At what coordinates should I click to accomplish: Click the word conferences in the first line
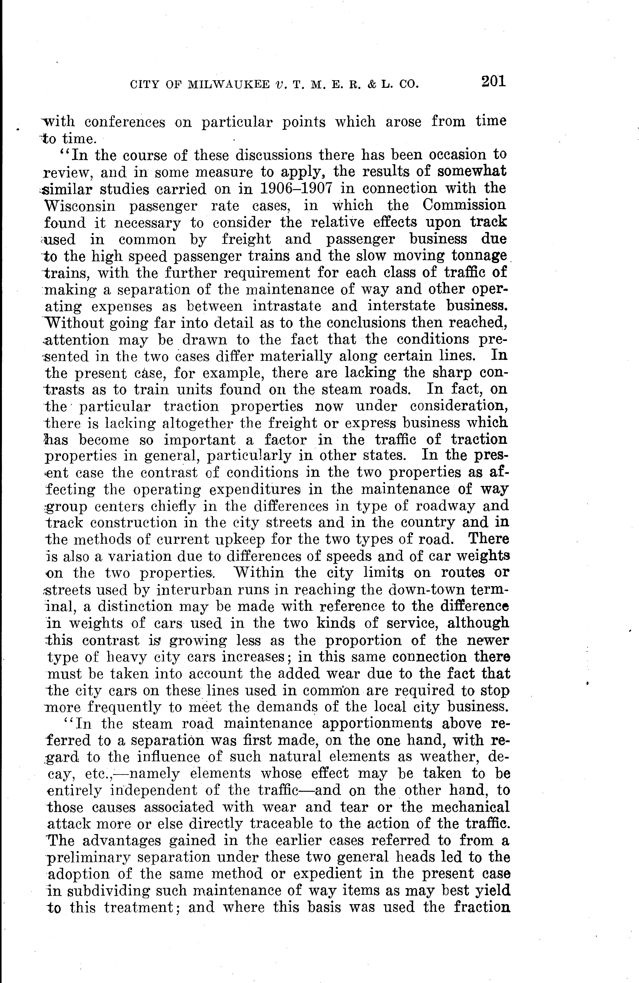point(125,122)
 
